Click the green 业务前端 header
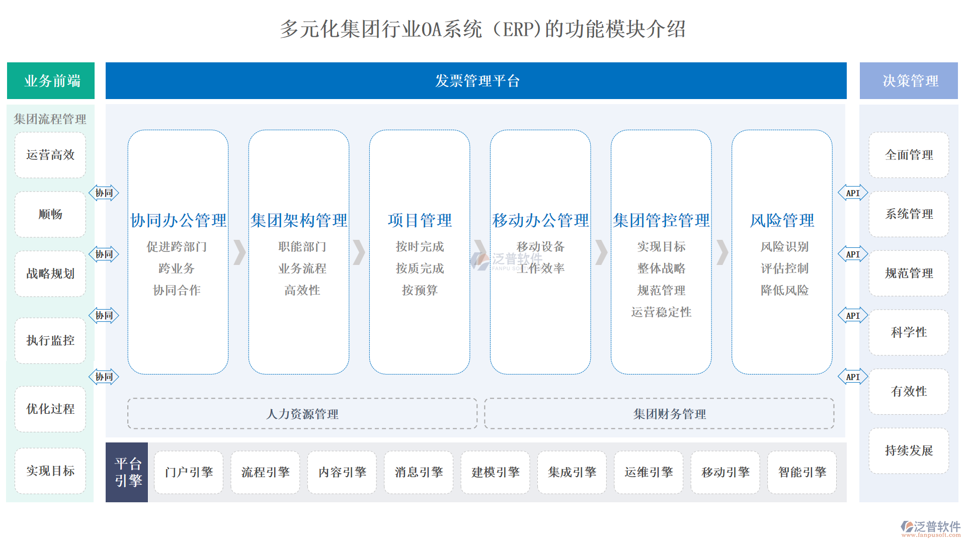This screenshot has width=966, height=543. pyautogui.click(x=51, y=81)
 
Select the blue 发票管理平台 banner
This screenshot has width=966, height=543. pyautogui.click(x=476, y=81)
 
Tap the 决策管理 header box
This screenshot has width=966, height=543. pyautogui.click(x=909, y=81)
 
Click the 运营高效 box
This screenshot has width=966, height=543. pyautogui.click(x=50, y=155)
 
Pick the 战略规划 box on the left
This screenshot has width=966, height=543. pyautogui.click(x=50, y=274)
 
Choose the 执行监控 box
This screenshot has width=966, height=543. pyautogui.click(x=50, y=340)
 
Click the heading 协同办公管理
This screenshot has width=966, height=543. pyautogui.click(x=178, y=220)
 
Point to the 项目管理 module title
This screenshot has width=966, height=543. pyautogui.click(x=420, y=220)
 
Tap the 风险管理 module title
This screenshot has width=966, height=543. pyautogui.click(x=782, y=220)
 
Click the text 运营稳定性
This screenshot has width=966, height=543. pyautogui.click(x=661, y=312)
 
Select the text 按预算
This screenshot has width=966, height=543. pyautogui.click(x=420, y=290)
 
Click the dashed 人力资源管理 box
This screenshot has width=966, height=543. pyautogui.click(x=302, y=414)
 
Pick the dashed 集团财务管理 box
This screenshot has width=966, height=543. pyautogui.click(x=659, y=414)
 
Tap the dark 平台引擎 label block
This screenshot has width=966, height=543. pyautogui.click(x=127, y=472)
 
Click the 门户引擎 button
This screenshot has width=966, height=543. pyautogui.click(x=189, y=472)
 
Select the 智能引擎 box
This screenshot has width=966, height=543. pyautogui.click(x=802, y=472)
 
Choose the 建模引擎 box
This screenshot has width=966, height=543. pyautogui.click(x=495, y=472)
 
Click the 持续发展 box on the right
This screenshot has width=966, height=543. pyautogui.click(x=909, y=450)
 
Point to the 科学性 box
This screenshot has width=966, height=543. pyautogui.click(x=909, y=332)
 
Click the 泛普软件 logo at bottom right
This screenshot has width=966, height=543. pyautogui.click(x=931, y=528)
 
